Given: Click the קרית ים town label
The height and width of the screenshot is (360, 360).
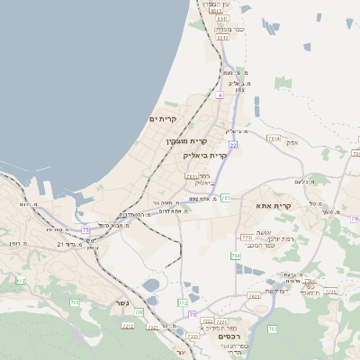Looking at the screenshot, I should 163,119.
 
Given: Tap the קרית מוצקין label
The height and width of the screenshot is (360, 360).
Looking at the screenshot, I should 186,141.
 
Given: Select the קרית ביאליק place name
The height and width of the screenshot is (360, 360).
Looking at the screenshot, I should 213,155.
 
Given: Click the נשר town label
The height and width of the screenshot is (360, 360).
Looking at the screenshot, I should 121,303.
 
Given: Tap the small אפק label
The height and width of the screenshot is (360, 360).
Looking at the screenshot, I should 292,142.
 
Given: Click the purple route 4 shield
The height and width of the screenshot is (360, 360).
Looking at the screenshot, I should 220,94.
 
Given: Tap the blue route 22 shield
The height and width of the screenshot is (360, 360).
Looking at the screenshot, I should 233,144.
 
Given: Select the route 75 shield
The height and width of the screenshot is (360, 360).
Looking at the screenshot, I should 86,229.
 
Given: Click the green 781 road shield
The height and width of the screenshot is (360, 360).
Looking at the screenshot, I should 226,197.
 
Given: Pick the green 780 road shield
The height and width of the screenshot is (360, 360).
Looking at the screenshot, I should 236,256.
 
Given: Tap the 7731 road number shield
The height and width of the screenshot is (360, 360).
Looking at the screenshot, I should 247,238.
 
